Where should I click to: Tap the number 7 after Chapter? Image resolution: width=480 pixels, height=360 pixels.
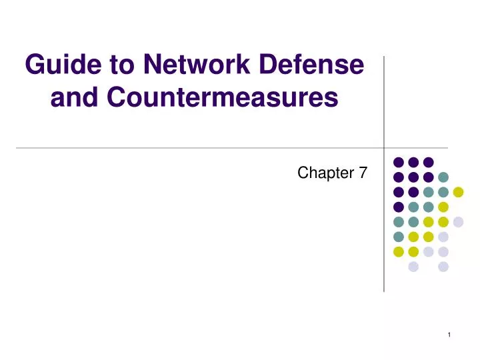tap(362, 173)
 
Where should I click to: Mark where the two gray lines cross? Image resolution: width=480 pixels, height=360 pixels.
tap(385, 148)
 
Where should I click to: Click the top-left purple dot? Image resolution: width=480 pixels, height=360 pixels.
tap(399, 162)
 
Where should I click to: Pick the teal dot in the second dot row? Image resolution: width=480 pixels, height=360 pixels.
tap(443, 177)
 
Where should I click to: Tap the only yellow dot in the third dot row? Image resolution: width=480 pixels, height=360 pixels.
tap(458, 192)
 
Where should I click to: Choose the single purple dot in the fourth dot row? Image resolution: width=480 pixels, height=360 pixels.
tap(399, 207)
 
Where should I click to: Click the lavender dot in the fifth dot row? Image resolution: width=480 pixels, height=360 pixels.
tap(458, 222)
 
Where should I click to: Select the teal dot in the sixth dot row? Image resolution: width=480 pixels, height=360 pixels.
tap(399, 237)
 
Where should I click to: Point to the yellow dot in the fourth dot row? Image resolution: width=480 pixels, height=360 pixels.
tap(443, 207)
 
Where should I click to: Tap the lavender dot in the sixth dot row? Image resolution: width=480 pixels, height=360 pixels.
tap(443, 237)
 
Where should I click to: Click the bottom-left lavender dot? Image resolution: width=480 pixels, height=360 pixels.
tap(413, 267)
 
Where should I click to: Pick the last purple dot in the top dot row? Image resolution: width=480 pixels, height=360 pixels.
tap(429, 162)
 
